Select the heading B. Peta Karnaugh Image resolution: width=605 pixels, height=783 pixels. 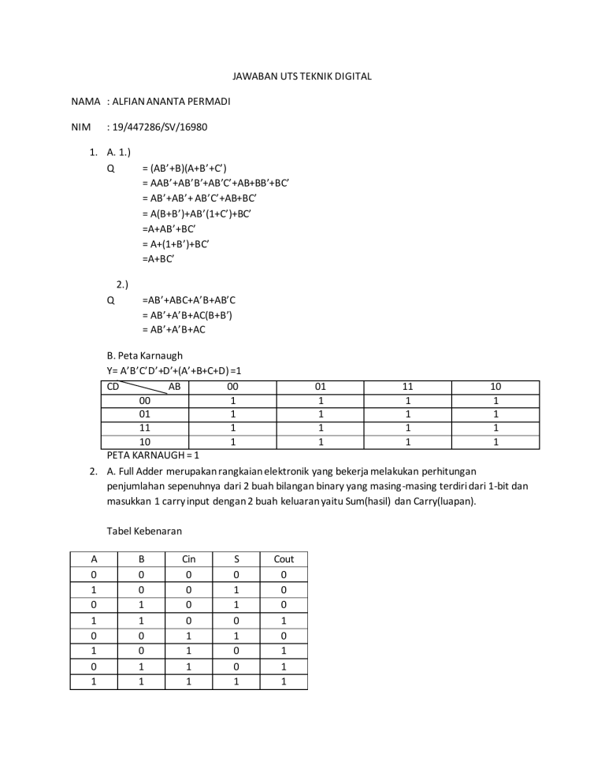point(144,356)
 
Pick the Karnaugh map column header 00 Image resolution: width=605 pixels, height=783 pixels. point(232,387)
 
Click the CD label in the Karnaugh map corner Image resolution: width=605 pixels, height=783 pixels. point(114,387)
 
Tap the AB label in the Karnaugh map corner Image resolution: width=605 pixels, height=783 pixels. point(175,387)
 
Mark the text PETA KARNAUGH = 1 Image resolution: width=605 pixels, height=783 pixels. point(153,455)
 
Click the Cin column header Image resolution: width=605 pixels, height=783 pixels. point(188,559)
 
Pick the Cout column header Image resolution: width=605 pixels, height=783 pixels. point(284,559)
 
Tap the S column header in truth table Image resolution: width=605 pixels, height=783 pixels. point(236,559)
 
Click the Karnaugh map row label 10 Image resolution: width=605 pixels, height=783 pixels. point(145,443)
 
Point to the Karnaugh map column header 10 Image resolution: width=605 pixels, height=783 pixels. point(496,387)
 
